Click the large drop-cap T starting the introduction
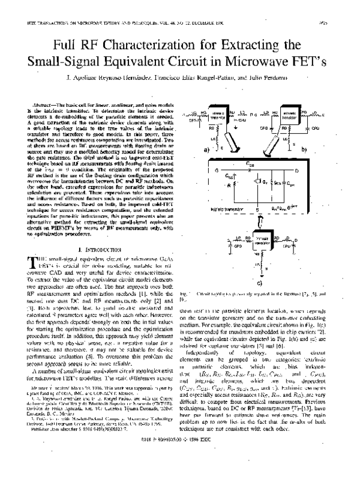click(x=32, y=277)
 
